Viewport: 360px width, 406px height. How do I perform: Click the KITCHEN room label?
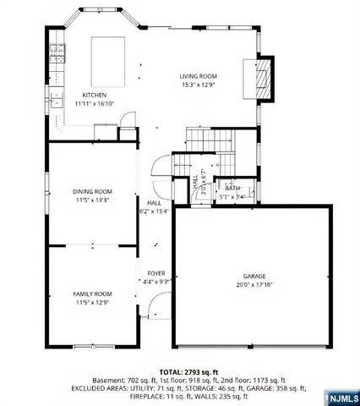(93, 95)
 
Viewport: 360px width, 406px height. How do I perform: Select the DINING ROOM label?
(91, 191)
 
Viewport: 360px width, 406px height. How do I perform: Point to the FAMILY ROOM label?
(91, 293)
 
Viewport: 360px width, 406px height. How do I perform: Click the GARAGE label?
(254, 277)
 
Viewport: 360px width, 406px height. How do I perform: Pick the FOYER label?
(156, 273)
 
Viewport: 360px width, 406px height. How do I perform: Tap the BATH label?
(232, 189)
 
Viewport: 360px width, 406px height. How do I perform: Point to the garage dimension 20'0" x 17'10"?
(254, 285)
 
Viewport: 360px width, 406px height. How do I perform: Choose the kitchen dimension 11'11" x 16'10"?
(93, 103)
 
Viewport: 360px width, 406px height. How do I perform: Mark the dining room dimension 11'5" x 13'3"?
(91, 200)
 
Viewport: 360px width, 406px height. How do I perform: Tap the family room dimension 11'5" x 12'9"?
(91, 301)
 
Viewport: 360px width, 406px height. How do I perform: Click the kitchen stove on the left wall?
(57, 55)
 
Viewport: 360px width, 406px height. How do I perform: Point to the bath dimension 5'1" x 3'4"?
(232, 196)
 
